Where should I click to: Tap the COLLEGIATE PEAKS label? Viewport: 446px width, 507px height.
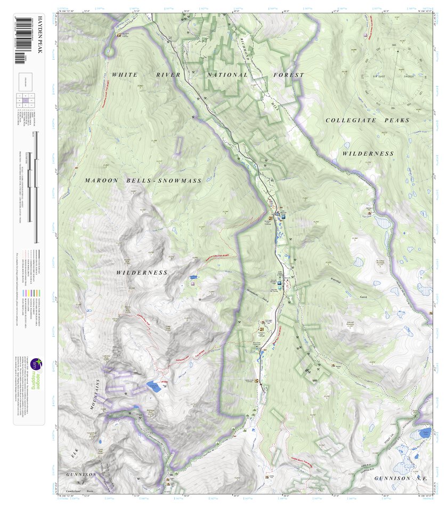pyautogui.click(x=368, y=120)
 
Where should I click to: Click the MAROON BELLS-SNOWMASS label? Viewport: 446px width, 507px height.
pyautogui.click(x=143, y=181)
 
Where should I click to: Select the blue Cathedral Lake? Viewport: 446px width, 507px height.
pyautogui.click(x=153, y=387)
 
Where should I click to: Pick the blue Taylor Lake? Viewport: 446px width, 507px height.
pyautogui.click(x=424, y=433)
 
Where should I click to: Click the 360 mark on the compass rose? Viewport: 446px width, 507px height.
pyautogui.click(x=394, y=45)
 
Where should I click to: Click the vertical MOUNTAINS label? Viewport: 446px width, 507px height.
pyautogui.click(x=98, y=395)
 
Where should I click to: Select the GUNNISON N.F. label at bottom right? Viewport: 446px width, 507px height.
pyautogui.click(x=400, y=478)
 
